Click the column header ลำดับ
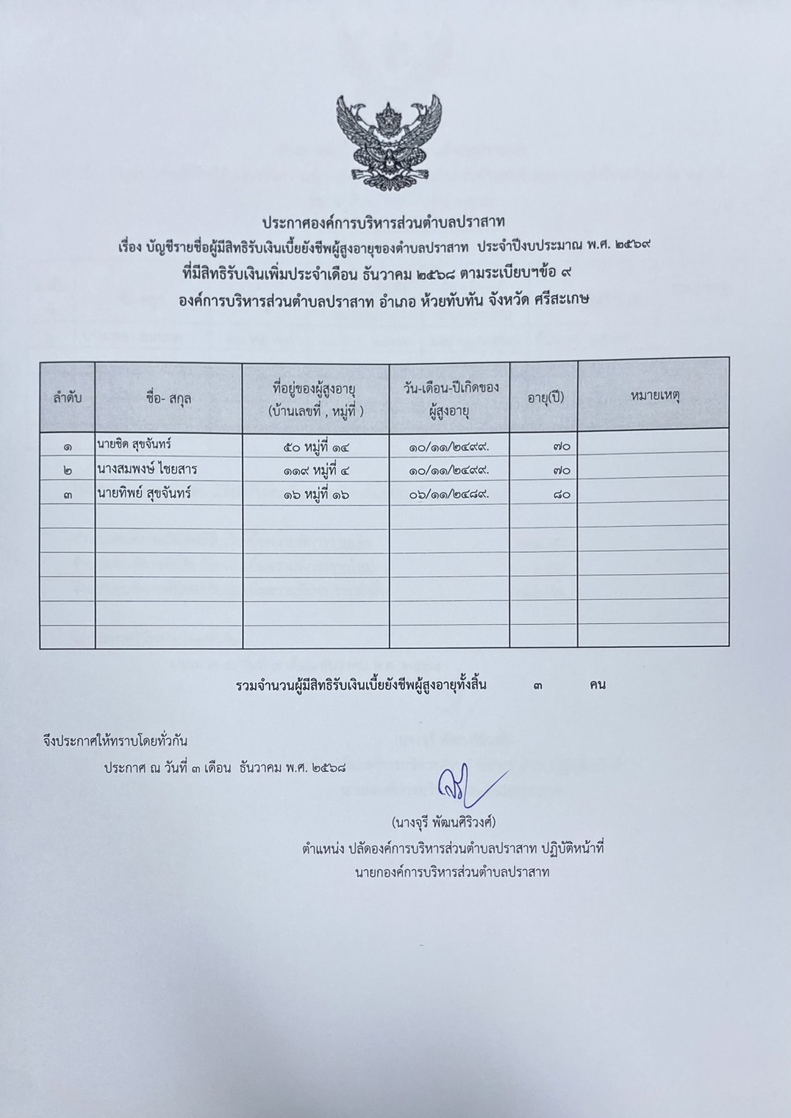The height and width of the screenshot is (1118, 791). (x=67, y=398)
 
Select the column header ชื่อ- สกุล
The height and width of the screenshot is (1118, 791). (x=169, y=398)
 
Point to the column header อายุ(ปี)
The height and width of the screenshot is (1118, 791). (x=545, y=398)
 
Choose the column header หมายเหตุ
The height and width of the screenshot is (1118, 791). (x=654, y=396)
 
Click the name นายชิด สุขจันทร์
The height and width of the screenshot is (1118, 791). (x=139, y=445)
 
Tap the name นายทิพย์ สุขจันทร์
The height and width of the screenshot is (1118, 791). (x=144, y=493)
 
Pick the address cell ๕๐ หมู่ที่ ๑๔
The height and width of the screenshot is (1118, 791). (x=315, y=445)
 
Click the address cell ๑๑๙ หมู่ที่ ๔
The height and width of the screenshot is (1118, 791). (x=315, y=470)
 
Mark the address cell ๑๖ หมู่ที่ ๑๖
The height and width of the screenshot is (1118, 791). (x=315, y=494)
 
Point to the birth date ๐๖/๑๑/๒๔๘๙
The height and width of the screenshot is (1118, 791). (x=449, y=494)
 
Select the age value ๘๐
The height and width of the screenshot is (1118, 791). (x=560, y=495)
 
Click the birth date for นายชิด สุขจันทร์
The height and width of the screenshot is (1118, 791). (x=449, y=445)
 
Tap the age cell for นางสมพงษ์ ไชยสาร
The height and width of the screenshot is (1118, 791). (x=560, y=470)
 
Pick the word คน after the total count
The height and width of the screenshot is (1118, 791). (x=597, y=686)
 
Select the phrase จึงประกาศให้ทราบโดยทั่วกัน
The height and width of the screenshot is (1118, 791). (x=115, y=741)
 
